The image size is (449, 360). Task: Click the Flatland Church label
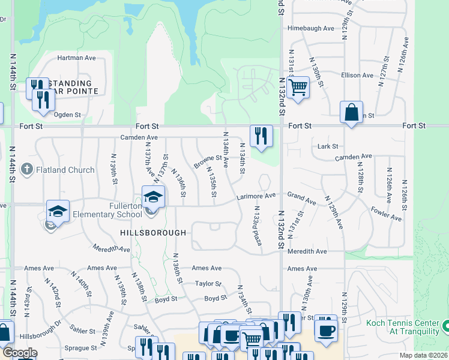click(65, 170)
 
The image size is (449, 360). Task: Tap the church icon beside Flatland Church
click(26, 170)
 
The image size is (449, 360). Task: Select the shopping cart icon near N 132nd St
click(298, 88)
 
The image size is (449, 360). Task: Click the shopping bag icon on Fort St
click(351, 113)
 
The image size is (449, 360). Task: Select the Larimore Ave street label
click(256, 196)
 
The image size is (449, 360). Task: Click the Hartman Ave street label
click(77, 58)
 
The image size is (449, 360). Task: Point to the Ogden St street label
click(67, 115)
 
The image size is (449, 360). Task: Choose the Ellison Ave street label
click(357, 75)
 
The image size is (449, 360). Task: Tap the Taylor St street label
click(208, 283)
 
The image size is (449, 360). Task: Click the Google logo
click(20, 353)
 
